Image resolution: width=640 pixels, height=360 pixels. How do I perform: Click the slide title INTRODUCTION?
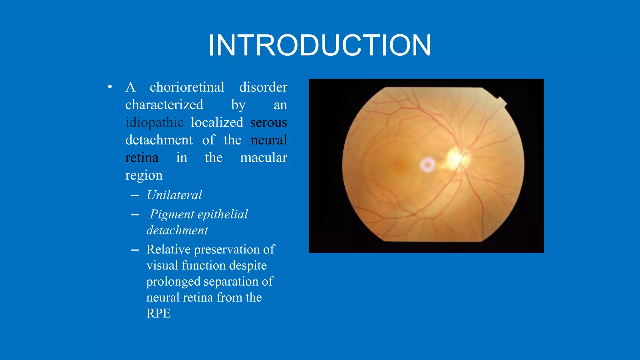pyautogui.click(x=320, y=46)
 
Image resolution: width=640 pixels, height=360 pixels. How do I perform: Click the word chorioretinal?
pyautogui.click(x=187, y=87)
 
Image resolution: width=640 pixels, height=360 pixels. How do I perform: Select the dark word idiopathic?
pyautogui.click(x=154, y=122)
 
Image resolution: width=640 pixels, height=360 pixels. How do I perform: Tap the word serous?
pyautogui.click(x=268, y=122)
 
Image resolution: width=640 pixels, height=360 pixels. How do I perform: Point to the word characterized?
pyautogui.click(x=164, y=105)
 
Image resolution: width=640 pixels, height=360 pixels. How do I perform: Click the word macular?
pyautogui.click(x=263, y=158)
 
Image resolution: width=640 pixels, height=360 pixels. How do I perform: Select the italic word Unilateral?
pyautogui.click(x=174, y=195)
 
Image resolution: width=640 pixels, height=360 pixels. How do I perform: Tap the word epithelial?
pyautogui.click(x=222, y=214)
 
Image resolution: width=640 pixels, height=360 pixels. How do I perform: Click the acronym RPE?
pyautogui.click(x=158, y=313)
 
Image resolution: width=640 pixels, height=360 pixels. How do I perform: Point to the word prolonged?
pyautogui.click(x=173, y=282)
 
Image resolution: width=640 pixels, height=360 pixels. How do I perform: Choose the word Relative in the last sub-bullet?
pyautogui.click(x=168, y=250)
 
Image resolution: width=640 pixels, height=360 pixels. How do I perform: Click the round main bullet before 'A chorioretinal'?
pyautogui.click(x=110, y=87)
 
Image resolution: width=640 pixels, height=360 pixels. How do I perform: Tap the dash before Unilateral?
pyautogui.click(x=135, y=196)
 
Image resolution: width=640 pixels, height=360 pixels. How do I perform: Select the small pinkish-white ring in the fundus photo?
pyautogui.click(x=427, y=164)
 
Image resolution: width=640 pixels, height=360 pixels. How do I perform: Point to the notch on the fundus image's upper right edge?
pyautogui.click(x=502, y=102)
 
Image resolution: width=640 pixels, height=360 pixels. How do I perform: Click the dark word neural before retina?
pyautogui.click(x=269, y=140)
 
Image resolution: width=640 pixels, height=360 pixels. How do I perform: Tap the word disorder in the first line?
pyautogui.click(x=263, y=87)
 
